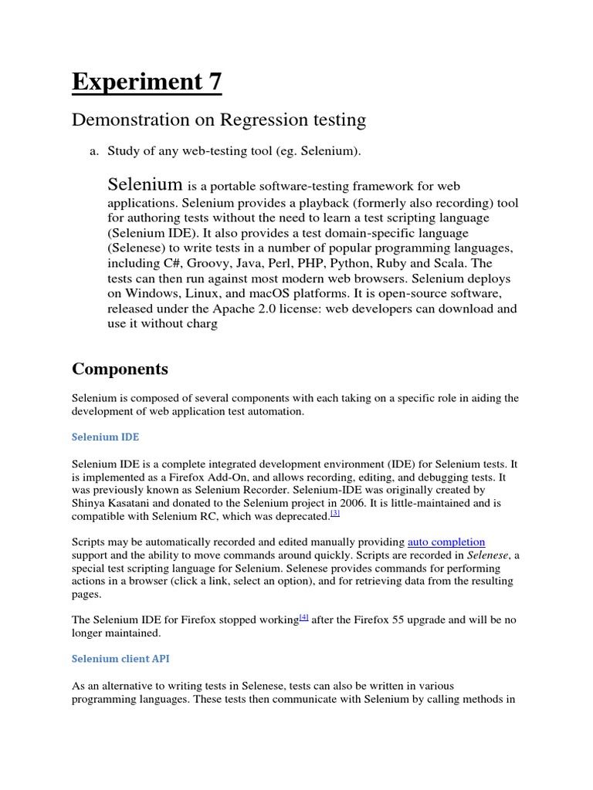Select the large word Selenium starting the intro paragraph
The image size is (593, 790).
pos(145,184)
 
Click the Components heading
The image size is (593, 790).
pos(120,369)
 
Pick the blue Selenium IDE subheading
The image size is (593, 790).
pos(106,437)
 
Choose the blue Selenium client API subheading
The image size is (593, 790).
pos(120,659)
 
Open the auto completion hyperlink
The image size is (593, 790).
pos(446,542)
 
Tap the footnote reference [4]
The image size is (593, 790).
pos(303,618)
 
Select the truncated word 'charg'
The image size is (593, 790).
pos(202,324)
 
